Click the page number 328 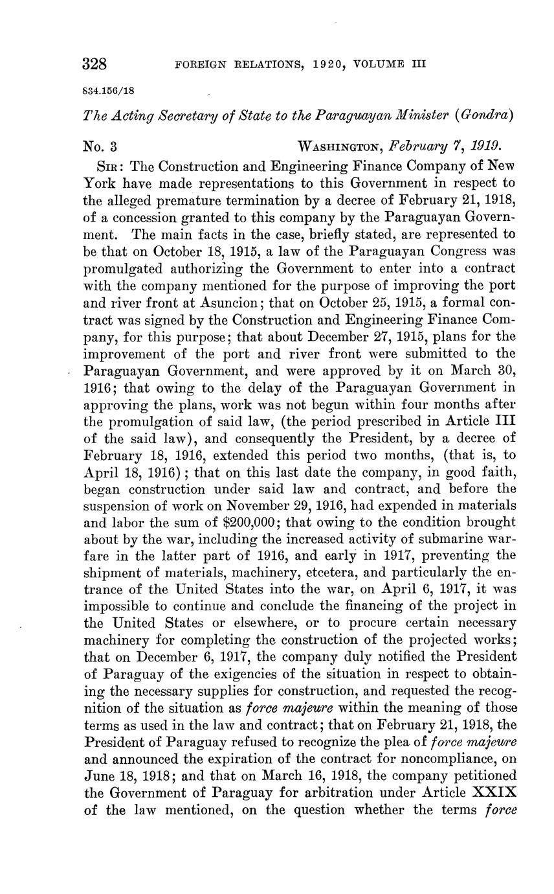95,64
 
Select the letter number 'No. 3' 100,146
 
